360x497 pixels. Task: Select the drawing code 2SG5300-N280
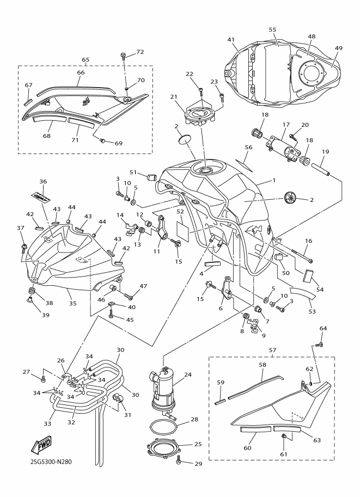click(48, 464)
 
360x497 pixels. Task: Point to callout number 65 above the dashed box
click(86, 60)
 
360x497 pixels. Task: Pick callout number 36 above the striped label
click(44, 181)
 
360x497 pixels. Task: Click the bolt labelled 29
click(181, 463)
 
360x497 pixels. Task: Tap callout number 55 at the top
click(273, 29)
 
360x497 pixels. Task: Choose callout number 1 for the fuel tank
click(274, 180)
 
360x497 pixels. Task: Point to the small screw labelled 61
click(284, 437)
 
